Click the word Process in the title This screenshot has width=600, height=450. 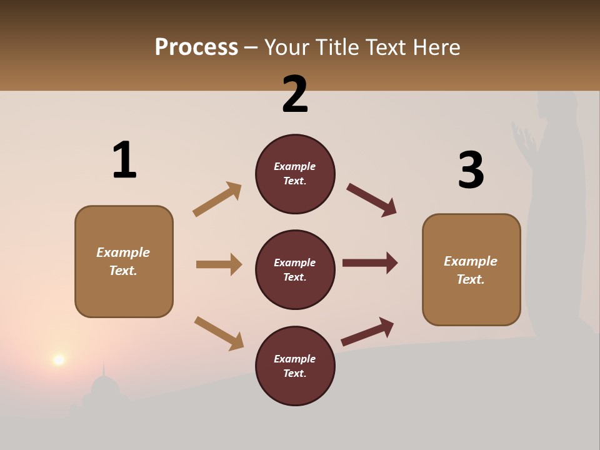coord(196,47)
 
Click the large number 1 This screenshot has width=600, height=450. coord(124,161)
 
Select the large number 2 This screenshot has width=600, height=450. coord(295,94)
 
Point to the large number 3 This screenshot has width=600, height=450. coord(471,170)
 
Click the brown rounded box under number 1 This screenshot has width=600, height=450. coord(124,261)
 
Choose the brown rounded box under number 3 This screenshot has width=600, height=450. coord(471,270)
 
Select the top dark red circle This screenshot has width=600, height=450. coord(295,174)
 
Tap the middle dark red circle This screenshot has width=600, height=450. coord(295,269)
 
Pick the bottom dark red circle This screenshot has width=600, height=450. coord(295,366)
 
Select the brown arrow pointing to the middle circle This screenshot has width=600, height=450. coord(219,264)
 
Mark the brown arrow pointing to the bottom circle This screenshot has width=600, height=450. coord(219,333)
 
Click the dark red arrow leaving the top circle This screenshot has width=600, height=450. coord(372,199)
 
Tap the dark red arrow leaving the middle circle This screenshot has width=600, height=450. coord(370,262)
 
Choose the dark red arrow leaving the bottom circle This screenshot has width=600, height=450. coord(367,331)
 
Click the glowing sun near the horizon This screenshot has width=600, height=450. coord(59,359)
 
